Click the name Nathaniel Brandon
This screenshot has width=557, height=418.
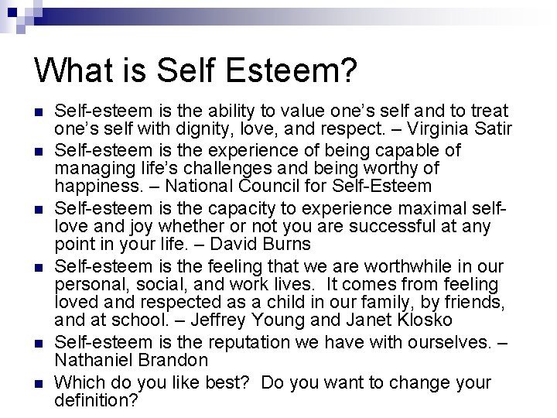pyautogui.click(x=132, y=360)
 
